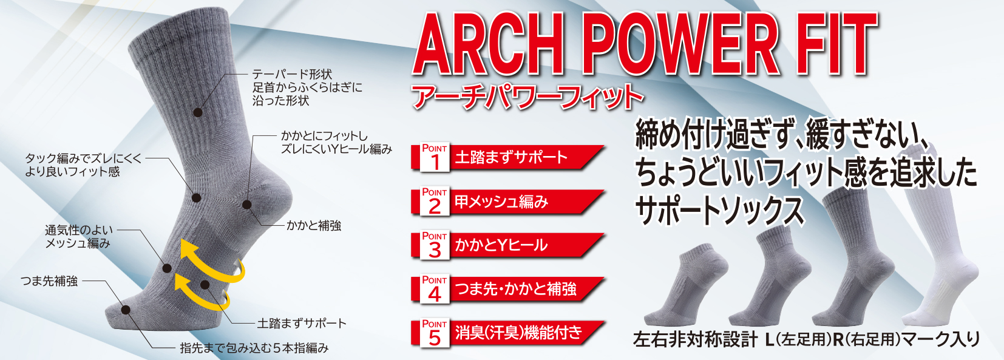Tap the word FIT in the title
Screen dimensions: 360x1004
click(x=838, y=46)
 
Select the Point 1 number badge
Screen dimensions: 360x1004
click(x=435, y=157)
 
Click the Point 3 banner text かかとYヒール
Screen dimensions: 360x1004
click(x=501, y=245)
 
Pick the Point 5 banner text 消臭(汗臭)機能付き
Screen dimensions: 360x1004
click(x=518, y=333)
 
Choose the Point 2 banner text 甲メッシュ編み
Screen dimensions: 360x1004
click(x=501, y=202)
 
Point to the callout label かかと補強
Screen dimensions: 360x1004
click(x=314, y=226)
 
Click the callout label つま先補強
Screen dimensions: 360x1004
click(x=49, y=281)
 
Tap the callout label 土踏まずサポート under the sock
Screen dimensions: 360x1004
click(x=302, y=323)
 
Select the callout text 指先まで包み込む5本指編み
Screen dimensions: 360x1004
click(x=254, y=348)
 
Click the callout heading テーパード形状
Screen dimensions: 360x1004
click(x=292, y=74)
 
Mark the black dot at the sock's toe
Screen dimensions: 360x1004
click(x=126, y=310)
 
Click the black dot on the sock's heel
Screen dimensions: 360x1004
click(x=247, y=205)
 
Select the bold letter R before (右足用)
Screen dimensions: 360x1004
click(x=838, y=339)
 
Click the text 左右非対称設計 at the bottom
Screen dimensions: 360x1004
click(x=695, y=339)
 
